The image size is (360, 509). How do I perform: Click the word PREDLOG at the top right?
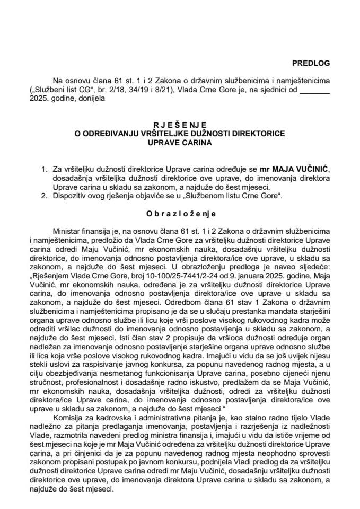pyautogui.click(x=311, y=63)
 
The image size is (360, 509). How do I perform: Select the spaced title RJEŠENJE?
pyautogui.click(x=180, y=126)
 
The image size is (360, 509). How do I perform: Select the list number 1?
pyautogui.click(x=44, y=168)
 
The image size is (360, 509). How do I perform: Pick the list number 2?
pyautogui.click(x=44, y=196)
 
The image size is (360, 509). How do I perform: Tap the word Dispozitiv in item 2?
pyautogui.click(x=71, y=196)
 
